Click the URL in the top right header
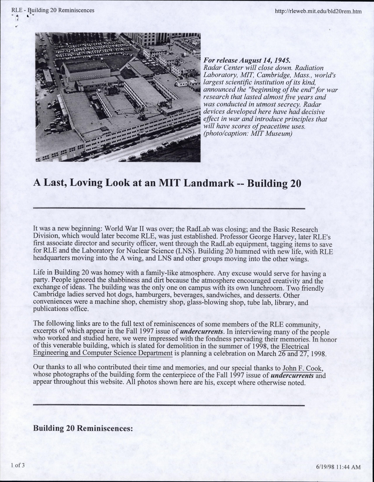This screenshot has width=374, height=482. [318, 12]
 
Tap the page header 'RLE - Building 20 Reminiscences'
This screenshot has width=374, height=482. [53, 10]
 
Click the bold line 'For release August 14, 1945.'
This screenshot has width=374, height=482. [247, 60]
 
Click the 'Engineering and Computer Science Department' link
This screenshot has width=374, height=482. [103, 353]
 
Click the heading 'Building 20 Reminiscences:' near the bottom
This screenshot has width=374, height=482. [83, 429]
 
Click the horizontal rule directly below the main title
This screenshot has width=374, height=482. [169, 209]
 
